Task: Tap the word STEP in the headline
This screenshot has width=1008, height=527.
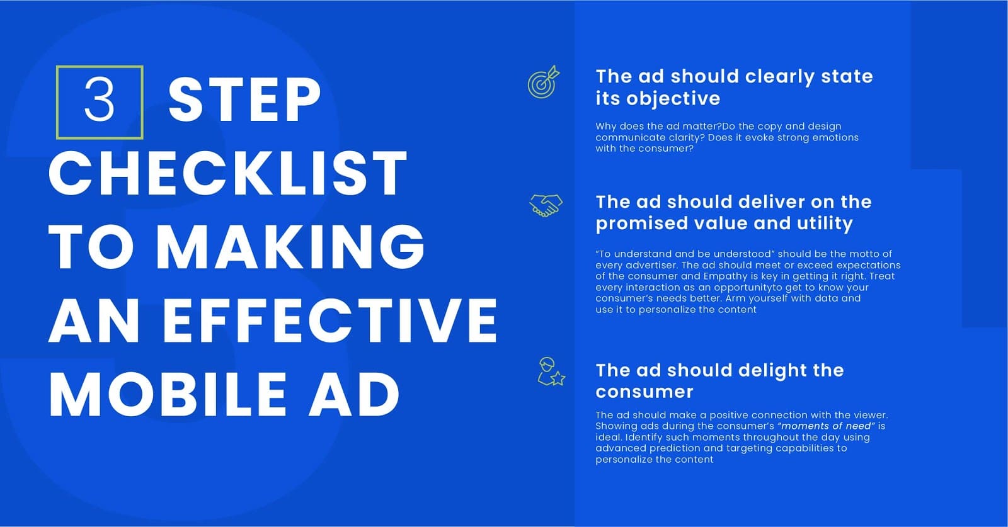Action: pyautogui.click(x=245, y=100)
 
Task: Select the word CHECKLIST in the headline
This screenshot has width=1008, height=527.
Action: pyautogui.click(x=227, y=173)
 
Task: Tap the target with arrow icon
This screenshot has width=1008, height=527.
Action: pyautogui.click(x=544, y=82)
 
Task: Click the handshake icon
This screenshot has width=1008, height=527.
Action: pyautogui.click(x=546, y=206)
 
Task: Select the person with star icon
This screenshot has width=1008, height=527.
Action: pyautogui.click(x=551, y=372)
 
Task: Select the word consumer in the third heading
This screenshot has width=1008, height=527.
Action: pyautogui.click(x=644, y=392)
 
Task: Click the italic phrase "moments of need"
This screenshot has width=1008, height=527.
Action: pyautogui.click(x=827, y=426)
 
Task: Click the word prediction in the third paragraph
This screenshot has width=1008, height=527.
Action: pyautogui.click(x=670, y=448)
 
